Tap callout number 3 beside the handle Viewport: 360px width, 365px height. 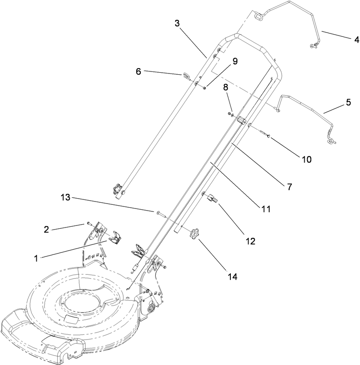[x=177, y=24]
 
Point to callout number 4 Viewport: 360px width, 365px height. [x=355, y=40]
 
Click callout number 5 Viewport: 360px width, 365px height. [x=348, y=102]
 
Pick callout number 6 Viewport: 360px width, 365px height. [x=139, y=71]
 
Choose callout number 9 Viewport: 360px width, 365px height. [x=234, y=61]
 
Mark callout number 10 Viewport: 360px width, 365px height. [x=307, y=159]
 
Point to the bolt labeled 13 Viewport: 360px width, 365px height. [x=160, y=213]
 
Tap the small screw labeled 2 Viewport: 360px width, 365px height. [x=89, y=224]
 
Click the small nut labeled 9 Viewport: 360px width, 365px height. [x=205, y=87]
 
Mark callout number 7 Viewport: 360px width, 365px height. [x=289, y=187]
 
